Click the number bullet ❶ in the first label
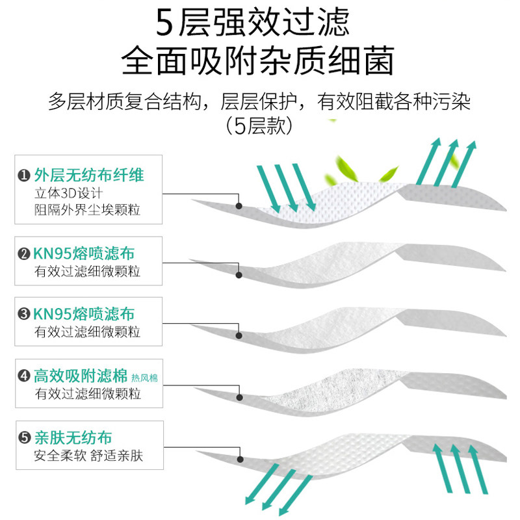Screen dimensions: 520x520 point(24,175)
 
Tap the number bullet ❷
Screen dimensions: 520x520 point(24,254)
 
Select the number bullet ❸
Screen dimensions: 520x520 point(24,315)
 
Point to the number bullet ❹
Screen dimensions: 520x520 point(24,376)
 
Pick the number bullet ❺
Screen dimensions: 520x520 point(24,437)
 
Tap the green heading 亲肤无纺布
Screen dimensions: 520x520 point(73,437)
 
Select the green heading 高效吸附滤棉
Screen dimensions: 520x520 point(81,376)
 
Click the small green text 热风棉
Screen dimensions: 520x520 point(144,378)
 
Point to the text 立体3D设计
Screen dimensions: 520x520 point(68,193)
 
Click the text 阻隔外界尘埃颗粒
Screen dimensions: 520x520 point(87,210)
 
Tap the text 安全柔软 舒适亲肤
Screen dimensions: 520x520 point(88,456)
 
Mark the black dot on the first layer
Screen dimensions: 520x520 point(239,206)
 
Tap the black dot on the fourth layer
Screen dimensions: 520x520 point(239,396)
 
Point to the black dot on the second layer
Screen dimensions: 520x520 point(239,275)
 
